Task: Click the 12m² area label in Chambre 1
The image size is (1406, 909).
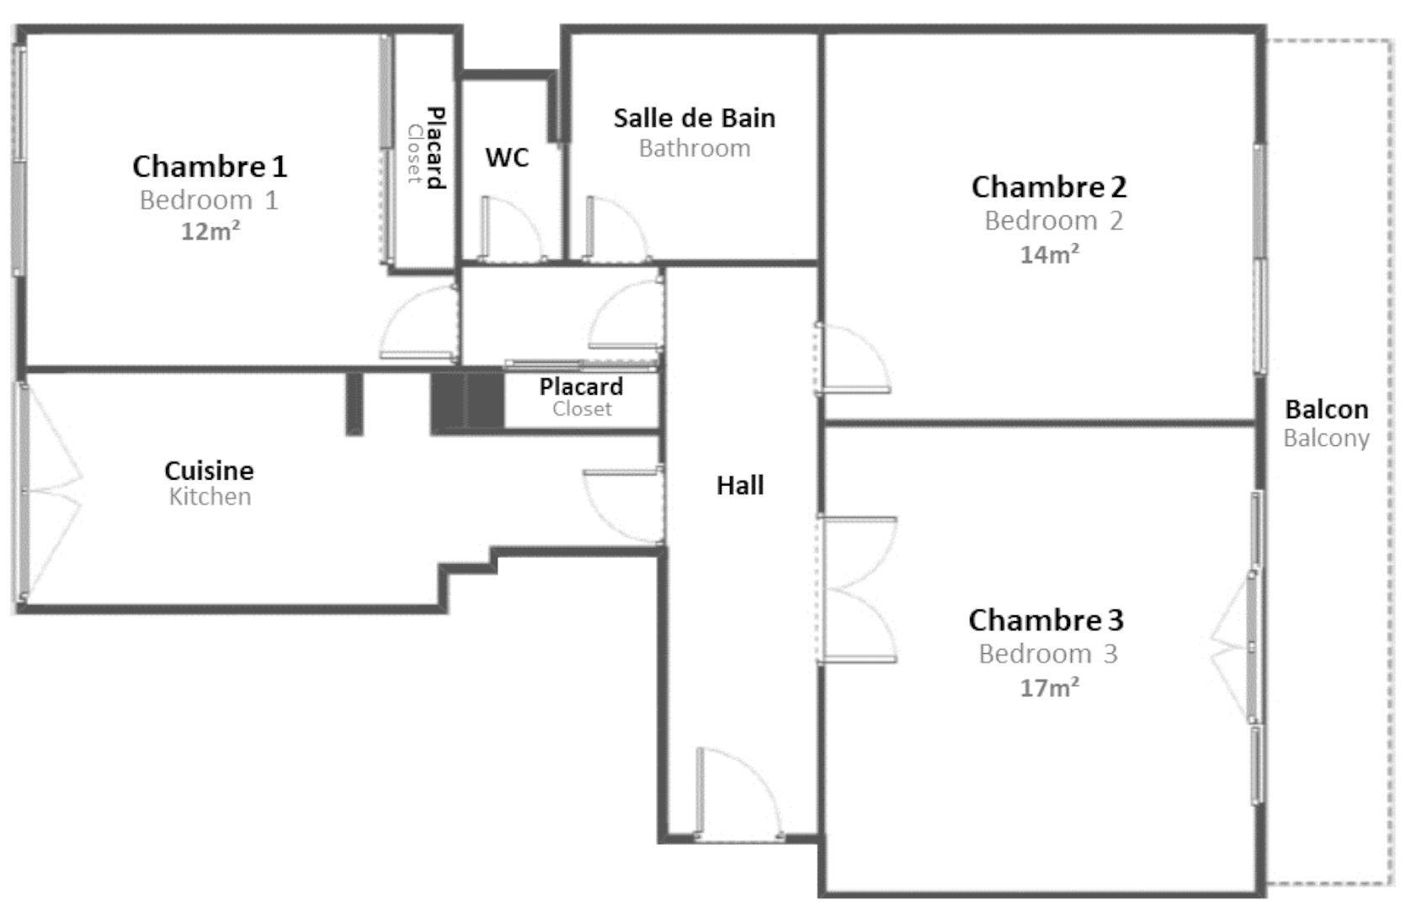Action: (210, 231)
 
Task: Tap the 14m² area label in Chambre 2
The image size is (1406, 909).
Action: (1050, 254)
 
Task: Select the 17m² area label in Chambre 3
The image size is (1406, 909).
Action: (1050, 688)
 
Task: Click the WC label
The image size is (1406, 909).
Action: (507, 157)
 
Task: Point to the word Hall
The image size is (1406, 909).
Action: (741, 486)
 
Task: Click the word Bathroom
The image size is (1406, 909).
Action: (695, 149)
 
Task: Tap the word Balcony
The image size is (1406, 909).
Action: (1326, 439)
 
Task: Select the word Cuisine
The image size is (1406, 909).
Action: (209, 470)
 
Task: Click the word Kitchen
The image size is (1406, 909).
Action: (210, 497)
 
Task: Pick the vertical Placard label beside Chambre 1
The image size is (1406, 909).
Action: (435, 148)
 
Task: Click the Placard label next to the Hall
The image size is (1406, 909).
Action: (581, 386)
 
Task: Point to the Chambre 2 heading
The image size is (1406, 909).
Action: (1050, 187)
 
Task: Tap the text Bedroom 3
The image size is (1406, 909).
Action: (1048, 654)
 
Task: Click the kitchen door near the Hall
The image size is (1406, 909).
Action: (623, 507)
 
